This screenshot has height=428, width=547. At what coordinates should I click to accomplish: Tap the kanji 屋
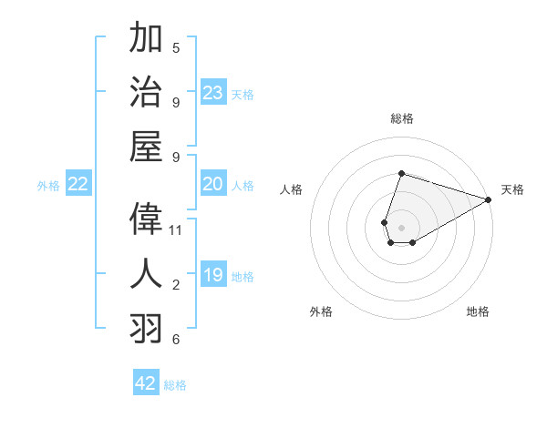pyautogui.click(x=147, y=146)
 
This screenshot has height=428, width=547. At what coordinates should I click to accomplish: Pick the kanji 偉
pyautogui.click(x=147, y=219)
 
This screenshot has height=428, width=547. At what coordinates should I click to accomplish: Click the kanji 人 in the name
pyautogui.click(x=147, y=273)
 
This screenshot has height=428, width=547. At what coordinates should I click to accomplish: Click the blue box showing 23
pyautogui.click(x=213, y=93)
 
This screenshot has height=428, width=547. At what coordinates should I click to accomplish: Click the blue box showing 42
pyautogui.click(x=146, y=383)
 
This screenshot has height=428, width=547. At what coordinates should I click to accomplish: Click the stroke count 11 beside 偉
pyautogui.click(x=176, y=230)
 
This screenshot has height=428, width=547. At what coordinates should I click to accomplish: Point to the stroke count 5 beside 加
pyautogui.click(x=176, y=47)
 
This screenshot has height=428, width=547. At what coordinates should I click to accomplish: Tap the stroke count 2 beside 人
pyautogui.click(x=176, y=285)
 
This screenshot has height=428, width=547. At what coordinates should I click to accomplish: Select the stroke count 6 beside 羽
pyautogui.click(x=176, y=340)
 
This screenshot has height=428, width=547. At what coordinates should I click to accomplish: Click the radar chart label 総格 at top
pyautogui.click(x=401, y=118)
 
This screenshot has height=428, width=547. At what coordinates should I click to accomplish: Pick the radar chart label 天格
pyautogui.click(x=512, y=189)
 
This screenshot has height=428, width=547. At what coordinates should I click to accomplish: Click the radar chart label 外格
pyautogui.click(x=321, y=311)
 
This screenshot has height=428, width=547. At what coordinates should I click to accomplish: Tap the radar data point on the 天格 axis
pyautogui.click(x=489, y=200)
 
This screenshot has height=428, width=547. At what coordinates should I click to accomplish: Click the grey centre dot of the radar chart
pyautogui.click(x=401, y=226)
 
